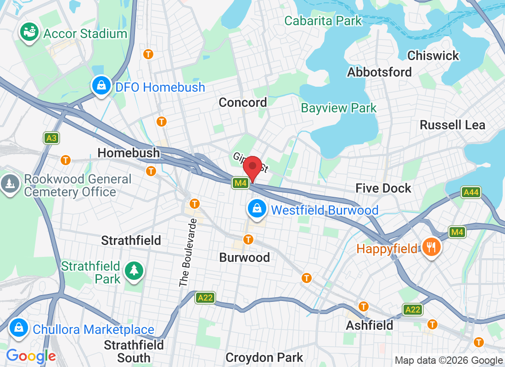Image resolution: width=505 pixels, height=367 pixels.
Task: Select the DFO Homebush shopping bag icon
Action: click(x=100, y=85)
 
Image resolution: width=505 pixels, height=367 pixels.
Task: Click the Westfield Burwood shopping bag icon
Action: click(x=257, y=209)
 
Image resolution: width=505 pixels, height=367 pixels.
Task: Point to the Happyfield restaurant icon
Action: click(x=431, y=247)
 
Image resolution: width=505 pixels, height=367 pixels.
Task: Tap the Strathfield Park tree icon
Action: click(x=134, y=270)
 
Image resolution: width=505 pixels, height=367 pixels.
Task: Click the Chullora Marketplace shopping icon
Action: click(x=18, y=328)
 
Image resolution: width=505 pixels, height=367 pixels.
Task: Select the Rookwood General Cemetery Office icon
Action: click(x=10, y=184)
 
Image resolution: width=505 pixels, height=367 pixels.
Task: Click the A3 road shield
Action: click(x=51, y=138)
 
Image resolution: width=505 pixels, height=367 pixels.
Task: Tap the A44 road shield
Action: click(x=471, y=192)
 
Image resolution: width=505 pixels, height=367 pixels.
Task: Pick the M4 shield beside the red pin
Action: click(x=241, y=183)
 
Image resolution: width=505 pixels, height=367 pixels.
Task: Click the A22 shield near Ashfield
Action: click(x=412, y=310)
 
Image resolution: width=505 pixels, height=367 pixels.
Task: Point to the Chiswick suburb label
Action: click(x=433, y=56)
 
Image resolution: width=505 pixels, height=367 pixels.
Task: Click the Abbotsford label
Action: click(x=379, y=72)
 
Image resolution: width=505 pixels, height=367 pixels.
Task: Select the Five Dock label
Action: click(x=383, y=188)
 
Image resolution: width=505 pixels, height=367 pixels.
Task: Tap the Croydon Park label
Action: click(x=264, y=357)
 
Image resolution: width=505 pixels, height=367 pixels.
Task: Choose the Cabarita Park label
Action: click(x=323, y=21)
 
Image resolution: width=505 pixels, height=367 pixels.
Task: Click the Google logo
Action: click(x=31, y=356)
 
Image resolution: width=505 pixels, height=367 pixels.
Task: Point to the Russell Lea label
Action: click(x=452, y=125)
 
